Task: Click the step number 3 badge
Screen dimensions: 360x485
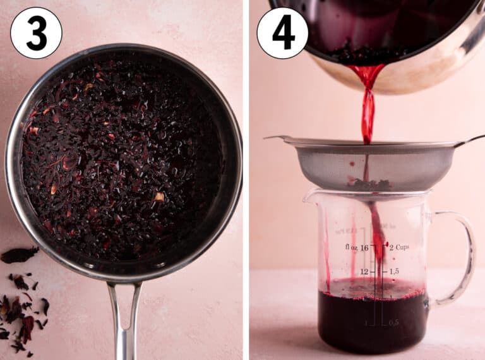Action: [x=36, y=33]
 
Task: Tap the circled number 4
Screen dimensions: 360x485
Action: [x=282, y=33]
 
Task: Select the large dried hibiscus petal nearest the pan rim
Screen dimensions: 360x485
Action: [x=19, y=255]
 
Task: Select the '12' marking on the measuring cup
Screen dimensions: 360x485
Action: [x=364, y=271]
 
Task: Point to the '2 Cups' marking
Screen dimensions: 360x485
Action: [x=399, y=247]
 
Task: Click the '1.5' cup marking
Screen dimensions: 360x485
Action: [x=393, y=271]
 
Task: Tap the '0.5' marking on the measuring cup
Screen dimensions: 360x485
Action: [x=393, y=322]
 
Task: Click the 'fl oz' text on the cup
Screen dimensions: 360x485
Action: [x=352, y=247]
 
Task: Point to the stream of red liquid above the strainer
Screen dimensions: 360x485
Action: [x=368, y=107]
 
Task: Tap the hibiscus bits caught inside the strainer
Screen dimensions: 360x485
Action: [x=368, y=184]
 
